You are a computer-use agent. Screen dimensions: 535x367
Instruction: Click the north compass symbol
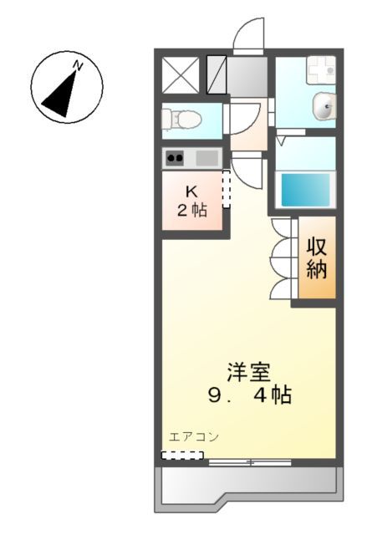67,85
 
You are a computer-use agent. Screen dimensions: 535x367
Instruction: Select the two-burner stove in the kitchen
175,157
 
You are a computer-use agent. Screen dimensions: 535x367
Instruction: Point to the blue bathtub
306,190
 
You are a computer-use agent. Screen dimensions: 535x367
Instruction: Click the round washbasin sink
324,105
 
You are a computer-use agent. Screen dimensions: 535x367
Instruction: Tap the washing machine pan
320,71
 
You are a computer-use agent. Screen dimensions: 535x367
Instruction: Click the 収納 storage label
315,258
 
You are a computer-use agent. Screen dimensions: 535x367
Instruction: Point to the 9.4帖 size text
250,395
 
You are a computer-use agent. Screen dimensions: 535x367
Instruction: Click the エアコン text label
193,436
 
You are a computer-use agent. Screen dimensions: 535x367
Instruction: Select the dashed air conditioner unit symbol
182,456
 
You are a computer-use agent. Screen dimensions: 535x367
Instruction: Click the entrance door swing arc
249,33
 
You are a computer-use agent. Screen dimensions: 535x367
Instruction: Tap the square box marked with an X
179,75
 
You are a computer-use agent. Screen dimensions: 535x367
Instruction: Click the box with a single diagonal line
216,75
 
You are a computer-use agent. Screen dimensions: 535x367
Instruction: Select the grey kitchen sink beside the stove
206,157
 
